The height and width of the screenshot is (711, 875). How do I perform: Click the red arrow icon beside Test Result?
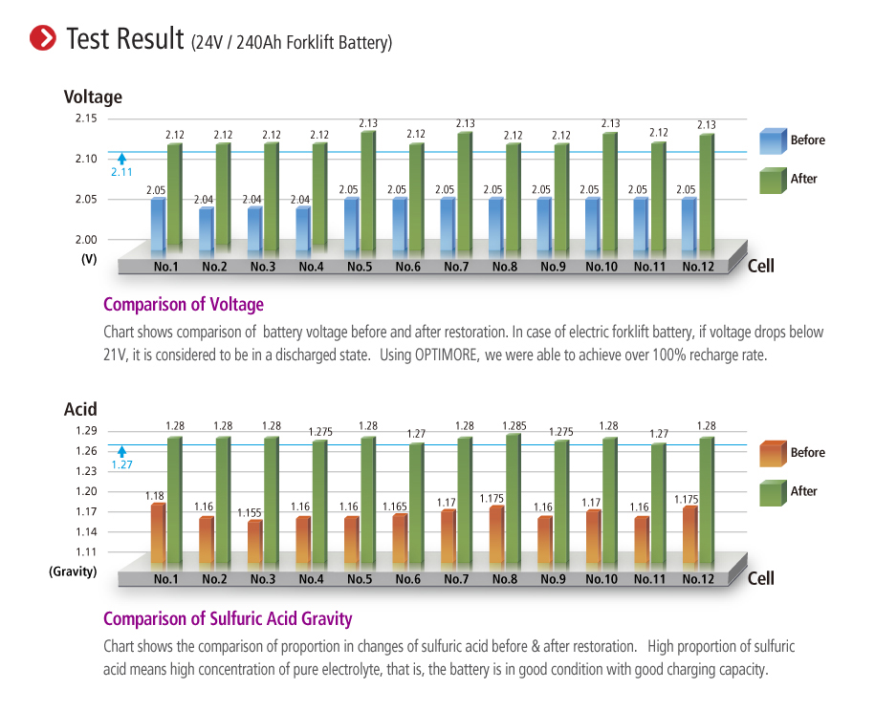tap(43, 38)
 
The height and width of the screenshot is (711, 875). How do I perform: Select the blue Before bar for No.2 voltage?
tap(207, 229)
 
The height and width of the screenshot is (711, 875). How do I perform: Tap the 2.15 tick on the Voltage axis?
tap(86, 118)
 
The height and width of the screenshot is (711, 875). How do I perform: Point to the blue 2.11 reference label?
tap(121, 172)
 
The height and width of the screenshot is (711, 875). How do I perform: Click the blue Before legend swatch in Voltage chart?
tap(773, 140)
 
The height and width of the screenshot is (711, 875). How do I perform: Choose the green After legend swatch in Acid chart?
tap(773, 491)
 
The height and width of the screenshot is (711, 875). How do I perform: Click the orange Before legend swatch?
tap(773, 453)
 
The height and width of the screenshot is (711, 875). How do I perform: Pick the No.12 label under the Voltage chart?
tap(698, 267)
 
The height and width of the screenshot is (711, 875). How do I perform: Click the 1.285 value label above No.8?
tap(514, 425)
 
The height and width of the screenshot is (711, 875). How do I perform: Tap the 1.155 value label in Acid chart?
tap(252, 513)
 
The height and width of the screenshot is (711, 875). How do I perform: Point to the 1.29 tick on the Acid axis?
tap(86, 431)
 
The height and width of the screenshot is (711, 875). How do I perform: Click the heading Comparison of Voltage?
tap(183, 305)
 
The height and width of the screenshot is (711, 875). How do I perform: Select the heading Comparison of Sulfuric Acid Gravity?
tap(228, 618)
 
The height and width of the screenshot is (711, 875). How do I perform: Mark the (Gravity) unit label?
tap(74, 571)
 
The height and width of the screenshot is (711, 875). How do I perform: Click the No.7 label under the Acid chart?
tap(456, 579)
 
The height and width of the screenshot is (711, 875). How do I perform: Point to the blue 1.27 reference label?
tap(121, 465)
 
